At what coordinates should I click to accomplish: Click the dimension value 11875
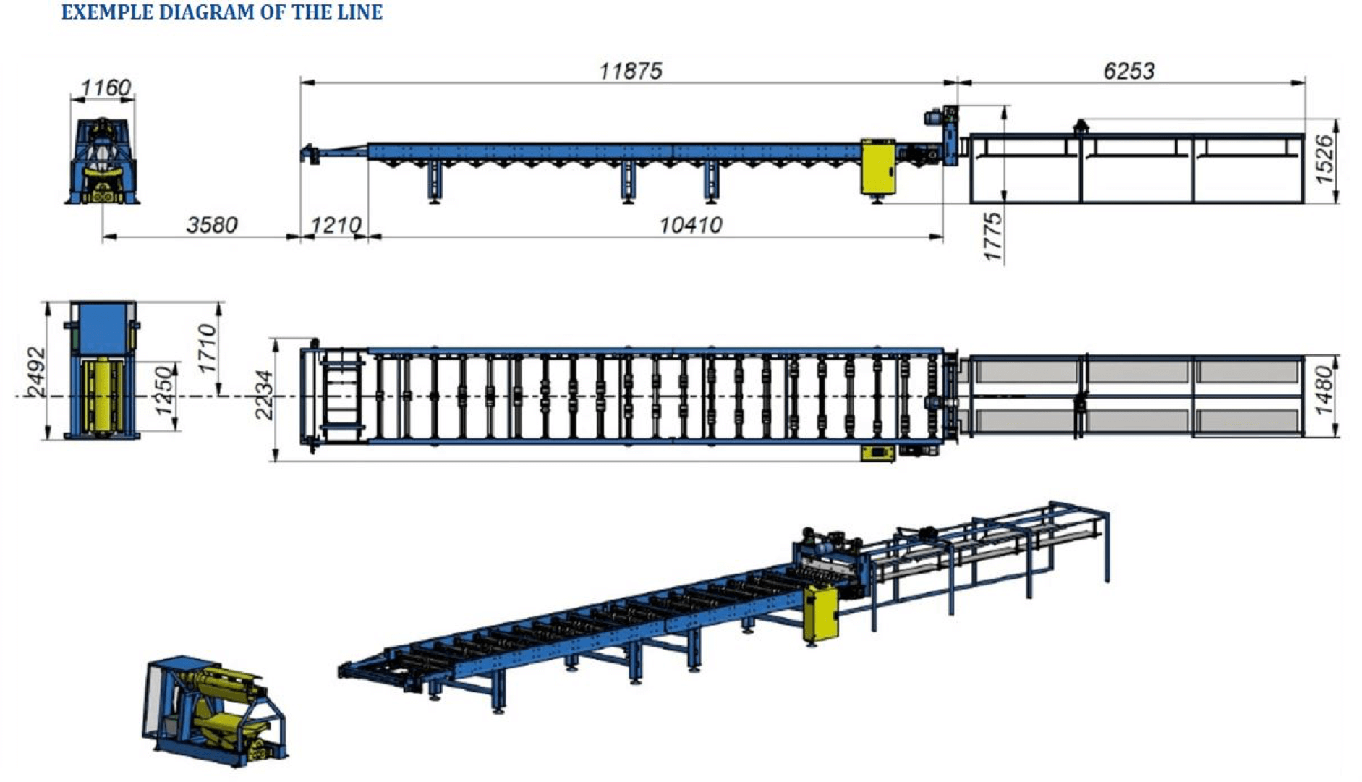click(x=630, y=71)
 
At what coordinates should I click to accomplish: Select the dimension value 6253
click(x=1129, y=71)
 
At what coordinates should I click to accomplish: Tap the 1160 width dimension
click(x=106, y=88)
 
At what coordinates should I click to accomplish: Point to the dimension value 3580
click(x=211, y=225)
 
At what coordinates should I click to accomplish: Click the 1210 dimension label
click(x=335, y=225)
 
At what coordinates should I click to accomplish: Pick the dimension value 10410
click(x=690, y=225)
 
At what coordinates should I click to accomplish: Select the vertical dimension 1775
click(x=993, y=237)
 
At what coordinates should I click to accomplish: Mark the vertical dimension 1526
click(x=1323, y=160)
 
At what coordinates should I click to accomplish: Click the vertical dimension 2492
click(x=35, y=373)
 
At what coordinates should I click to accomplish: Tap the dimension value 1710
click(x=207, y=349)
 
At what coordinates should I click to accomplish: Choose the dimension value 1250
click(x=165, y=391)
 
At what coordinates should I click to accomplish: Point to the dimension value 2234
click(x=264, y=395)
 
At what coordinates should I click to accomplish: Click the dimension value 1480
click(x=1323, y=391)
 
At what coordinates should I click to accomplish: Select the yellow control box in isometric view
click(x=820, y=613)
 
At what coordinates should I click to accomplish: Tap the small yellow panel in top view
click(x=877, y=454)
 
